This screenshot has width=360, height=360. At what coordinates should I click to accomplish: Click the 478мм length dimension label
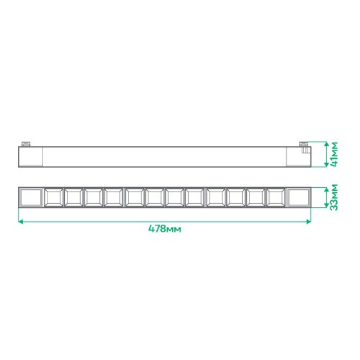(x=165, y=229)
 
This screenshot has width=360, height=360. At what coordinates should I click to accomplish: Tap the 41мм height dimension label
(x=335, y=154)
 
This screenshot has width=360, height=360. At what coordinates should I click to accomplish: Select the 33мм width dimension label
(x=335, y=197)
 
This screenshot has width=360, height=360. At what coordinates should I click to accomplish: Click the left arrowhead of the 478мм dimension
(x=21, y=222)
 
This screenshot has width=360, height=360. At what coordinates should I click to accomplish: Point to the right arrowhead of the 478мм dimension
(x=309, y=222)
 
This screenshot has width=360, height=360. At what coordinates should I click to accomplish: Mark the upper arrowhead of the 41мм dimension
(x=326, y=144)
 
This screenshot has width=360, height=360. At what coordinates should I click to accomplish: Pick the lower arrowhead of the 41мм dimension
(x=326, y=165)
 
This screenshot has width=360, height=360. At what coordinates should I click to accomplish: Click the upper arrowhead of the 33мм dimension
(x=326, y=190)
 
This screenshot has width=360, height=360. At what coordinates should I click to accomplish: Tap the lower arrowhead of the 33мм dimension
(x=326, y=205)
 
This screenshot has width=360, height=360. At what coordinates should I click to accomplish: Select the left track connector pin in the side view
(x=26, y=144)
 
